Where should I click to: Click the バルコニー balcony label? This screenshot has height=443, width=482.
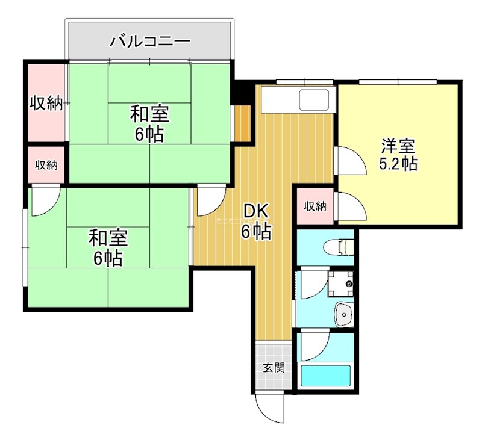coord(150,42)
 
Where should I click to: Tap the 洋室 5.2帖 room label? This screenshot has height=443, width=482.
coord(398,154)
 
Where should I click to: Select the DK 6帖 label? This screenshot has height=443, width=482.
coord(257,221)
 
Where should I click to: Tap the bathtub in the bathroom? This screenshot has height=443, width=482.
coord(325,376)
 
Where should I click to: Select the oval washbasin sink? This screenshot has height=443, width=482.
coord(343,314)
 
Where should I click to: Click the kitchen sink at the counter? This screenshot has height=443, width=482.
coord(314,99)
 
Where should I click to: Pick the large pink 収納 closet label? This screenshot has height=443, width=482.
coord(46,103)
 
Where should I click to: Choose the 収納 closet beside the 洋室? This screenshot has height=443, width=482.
coord(315,206)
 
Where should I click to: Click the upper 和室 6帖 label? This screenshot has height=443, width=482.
coord(149,123)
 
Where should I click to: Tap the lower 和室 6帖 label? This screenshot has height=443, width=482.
coord(108,247)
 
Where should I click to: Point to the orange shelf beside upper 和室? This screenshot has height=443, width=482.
coord(243,123)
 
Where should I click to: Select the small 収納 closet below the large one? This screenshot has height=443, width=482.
coord(46,164)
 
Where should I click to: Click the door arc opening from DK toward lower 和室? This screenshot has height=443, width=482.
coord(209,200)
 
